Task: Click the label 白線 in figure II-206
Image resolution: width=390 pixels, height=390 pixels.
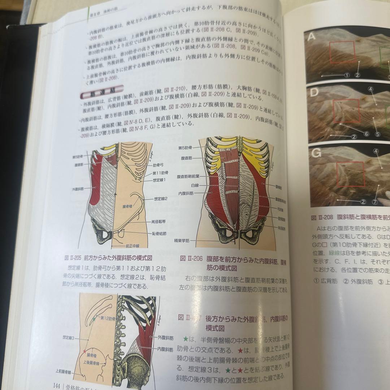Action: pyautogui.click(x=195, y=185)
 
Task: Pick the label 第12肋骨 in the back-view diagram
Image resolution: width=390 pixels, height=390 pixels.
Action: pyautogui.click(x=108, y=318)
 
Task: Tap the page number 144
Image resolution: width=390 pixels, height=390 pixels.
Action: pyautogui.click(x=56, y=386)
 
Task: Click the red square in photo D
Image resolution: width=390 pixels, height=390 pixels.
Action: pyautogui.click(x=346, y=111)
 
